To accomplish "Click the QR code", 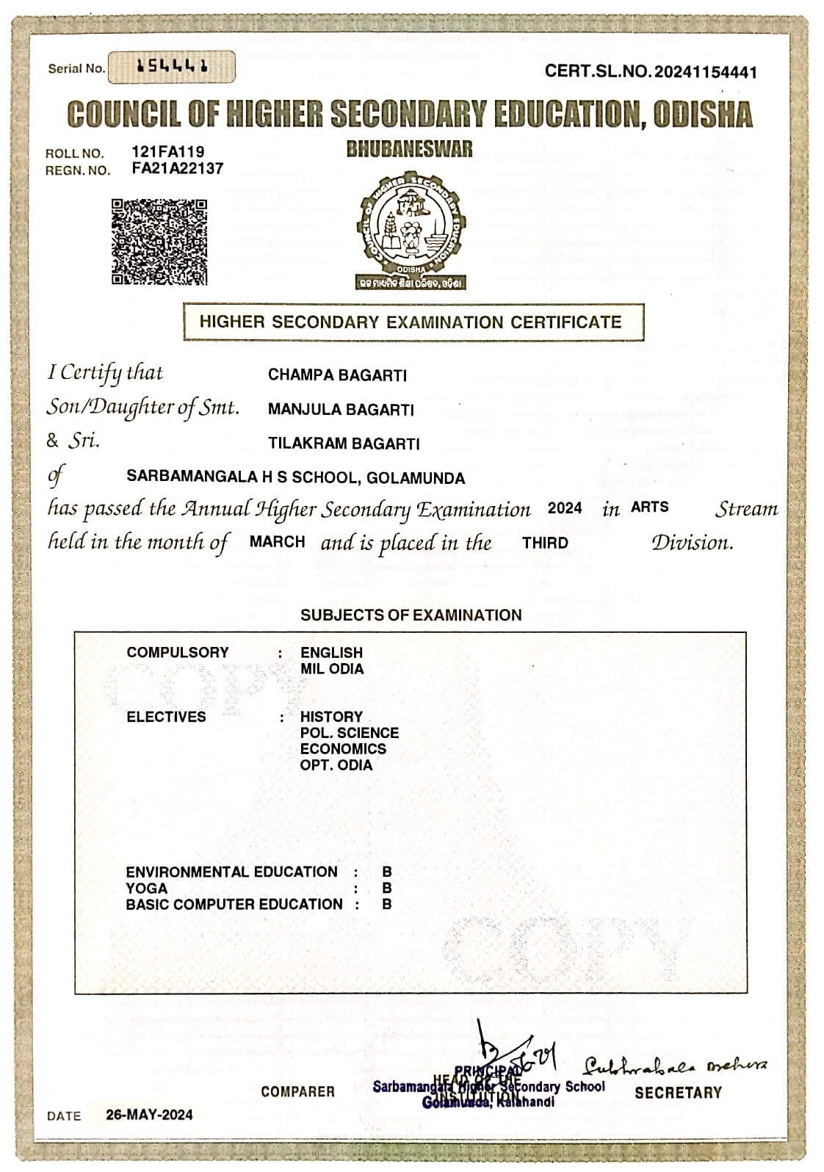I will point(159,242).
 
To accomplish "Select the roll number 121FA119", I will point(168,152).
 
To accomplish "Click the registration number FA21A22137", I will point(177,168).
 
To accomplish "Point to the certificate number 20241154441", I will point(705,71).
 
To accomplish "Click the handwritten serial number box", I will point(172,68).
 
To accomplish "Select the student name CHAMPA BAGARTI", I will point(337,375).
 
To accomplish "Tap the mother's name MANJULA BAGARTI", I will point(341,410).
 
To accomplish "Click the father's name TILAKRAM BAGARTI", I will point(344,444).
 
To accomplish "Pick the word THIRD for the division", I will point(545,543).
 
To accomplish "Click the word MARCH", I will point(278,542).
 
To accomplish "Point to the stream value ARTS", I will point(649,507).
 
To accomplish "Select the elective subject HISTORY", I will point(331,717).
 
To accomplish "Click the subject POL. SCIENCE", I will point(350,733).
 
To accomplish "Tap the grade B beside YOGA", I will point(387,889).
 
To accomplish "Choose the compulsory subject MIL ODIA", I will point(332,669).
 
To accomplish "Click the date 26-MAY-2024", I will point(150,1114).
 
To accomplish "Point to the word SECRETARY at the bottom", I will point(678,1092).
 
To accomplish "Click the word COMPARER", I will point(297,1092).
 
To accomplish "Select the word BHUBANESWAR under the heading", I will point(410,150).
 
